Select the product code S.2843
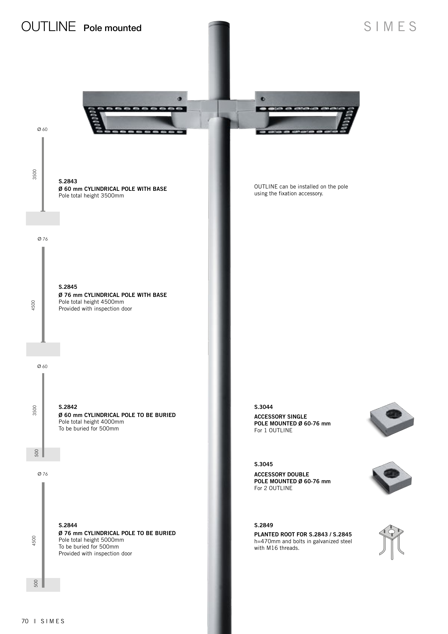click(x=68, y=181)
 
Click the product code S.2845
click(x=68, y=287)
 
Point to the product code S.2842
click(x=68, y=407)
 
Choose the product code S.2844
click(x=68, y=525)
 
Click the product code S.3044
click(x=263, y=407)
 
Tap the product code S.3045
click(x=263, y=464)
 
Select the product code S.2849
click(x=263, y=525)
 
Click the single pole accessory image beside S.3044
click(x=392, y=419)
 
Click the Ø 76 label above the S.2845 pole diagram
click(x=43, y=239)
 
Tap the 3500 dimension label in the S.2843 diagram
click(x=34, y=174)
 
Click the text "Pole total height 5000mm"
click(x=91, y=540)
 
